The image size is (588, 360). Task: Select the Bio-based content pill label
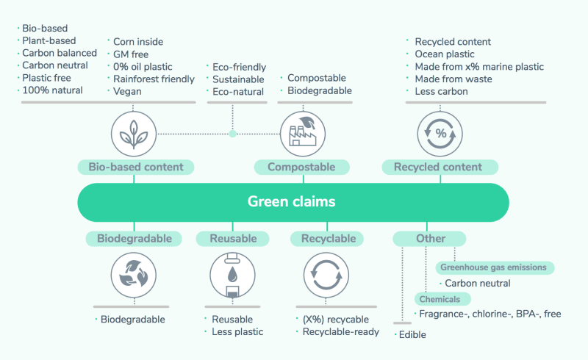[x=136, y=167]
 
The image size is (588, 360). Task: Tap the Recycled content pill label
[x=437, y=167]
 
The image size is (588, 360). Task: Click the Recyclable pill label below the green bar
[x=328, y=238]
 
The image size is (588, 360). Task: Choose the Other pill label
[x=430, y=238]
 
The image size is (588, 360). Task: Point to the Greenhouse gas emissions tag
[x=496, y=267]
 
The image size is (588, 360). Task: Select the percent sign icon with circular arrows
[x=441, y=133]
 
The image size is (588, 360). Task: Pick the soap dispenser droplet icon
[x=233, y=276]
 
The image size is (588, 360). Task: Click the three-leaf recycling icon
[x=134, y=276]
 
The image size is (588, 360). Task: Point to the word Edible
[x=412, y=334]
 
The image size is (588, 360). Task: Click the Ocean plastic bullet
[x=445, y=54]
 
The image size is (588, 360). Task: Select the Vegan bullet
[x=127, y=92]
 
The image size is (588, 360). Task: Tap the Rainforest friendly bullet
[x=154, y=79]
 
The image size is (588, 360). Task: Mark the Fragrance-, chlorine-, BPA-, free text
[x=490, y=314]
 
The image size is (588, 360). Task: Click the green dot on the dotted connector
[x=233, y=134]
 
